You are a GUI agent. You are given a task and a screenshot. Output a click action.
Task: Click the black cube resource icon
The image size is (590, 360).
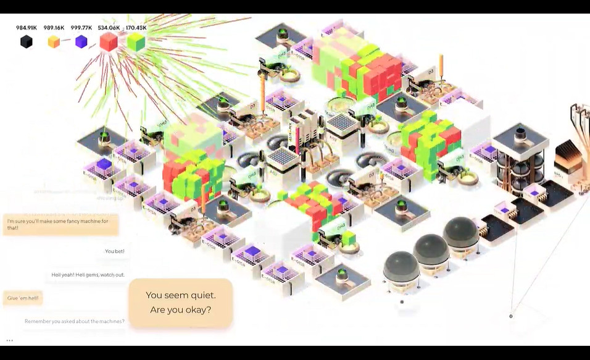point(26,41)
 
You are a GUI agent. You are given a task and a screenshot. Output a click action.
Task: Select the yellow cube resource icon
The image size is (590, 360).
point(54,41)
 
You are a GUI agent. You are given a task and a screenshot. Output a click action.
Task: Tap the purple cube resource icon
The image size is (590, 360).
point(81,41)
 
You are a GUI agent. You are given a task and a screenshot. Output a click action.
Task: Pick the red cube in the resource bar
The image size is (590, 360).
point(109,41)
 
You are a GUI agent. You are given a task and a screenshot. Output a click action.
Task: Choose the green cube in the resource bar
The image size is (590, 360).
point(136,41)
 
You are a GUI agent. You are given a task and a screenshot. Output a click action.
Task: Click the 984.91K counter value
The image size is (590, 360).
point(27,28)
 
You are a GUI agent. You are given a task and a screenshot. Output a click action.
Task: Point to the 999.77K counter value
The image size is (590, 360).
point(81,28)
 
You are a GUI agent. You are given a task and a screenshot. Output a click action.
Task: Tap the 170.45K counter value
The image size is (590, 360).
point(136,28)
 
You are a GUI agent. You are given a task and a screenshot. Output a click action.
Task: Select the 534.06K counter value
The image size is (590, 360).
point(109,28)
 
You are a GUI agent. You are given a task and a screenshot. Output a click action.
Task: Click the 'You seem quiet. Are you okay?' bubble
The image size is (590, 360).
point(180,303)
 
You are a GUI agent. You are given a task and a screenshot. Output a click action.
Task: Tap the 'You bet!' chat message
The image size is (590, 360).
point(114,251)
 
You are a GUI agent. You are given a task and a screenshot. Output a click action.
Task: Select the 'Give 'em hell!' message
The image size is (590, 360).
point(22,298)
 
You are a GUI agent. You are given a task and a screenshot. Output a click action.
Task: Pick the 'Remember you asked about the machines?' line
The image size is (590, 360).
point(74,321)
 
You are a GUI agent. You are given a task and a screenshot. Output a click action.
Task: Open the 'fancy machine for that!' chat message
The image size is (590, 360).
point(60,224)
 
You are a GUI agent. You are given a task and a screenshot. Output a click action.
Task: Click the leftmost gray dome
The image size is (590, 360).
point(401,268)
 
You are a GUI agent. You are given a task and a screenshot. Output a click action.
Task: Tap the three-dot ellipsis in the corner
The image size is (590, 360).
point(10,340)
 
